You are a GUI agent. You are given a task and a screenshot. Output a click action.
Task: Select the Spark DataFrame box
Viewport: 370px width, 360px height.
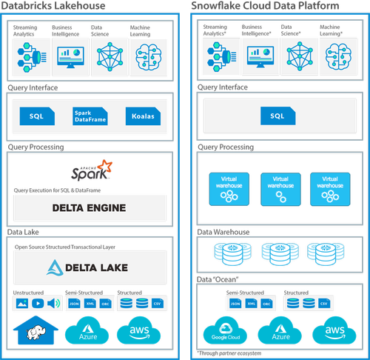pos(87,117)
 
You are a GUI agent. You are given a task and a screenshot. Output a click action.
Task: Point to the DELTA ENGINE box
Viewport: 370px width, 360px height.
pos(89,207)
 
